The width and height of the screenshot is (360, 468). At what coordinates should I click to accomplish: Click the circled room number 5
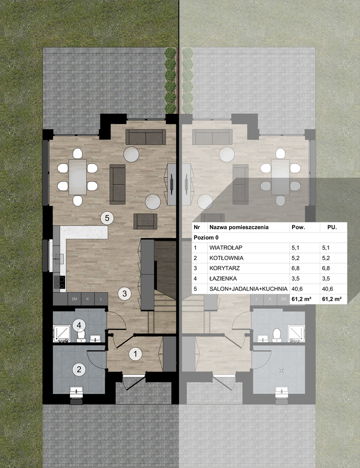107,218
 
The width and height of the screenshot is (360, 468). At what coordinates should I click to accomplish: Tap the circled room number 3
125,293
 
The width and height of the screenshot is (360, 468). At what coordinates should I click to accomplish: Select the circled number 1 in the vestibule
135,354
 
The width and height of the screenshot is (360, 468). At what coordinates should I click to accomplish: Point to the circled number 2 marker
79,370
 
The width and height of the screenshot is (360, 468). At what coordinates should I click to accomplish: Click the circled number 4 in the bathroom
79,325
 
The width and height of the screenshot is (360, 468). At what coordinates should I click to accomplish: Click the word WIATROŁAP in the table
226,248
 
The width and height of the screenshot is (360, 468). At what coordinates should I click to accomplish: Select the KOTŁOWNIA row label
226,258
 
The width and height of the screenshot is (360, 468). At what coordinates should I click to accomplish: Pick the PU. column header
332,227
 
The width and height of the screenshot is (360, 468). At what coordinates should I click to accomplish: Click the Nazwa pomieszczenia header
239,227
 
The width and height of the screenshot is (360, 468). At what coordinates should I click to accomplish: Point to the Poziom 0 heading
206,238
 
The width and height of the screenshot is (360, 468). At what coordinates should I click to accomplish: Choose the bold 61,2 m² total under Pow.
302,299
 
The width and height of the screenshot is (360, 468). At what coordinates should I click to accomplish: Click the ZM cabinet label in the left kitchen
75,299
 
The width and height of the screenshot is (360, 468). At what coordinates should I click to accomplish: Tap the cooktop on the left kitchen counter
59,282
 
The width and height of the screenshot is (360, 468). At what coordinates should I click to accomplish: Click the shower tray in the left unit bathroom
62,334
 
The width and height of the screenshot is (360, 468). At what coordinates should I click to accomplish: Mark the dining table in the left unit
78,177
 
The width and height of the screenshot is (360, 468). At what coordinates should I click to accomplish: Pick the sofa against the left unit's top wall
145,137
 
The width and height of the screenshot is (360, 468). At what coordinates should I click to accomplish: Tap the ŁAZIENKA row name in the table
223,278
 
